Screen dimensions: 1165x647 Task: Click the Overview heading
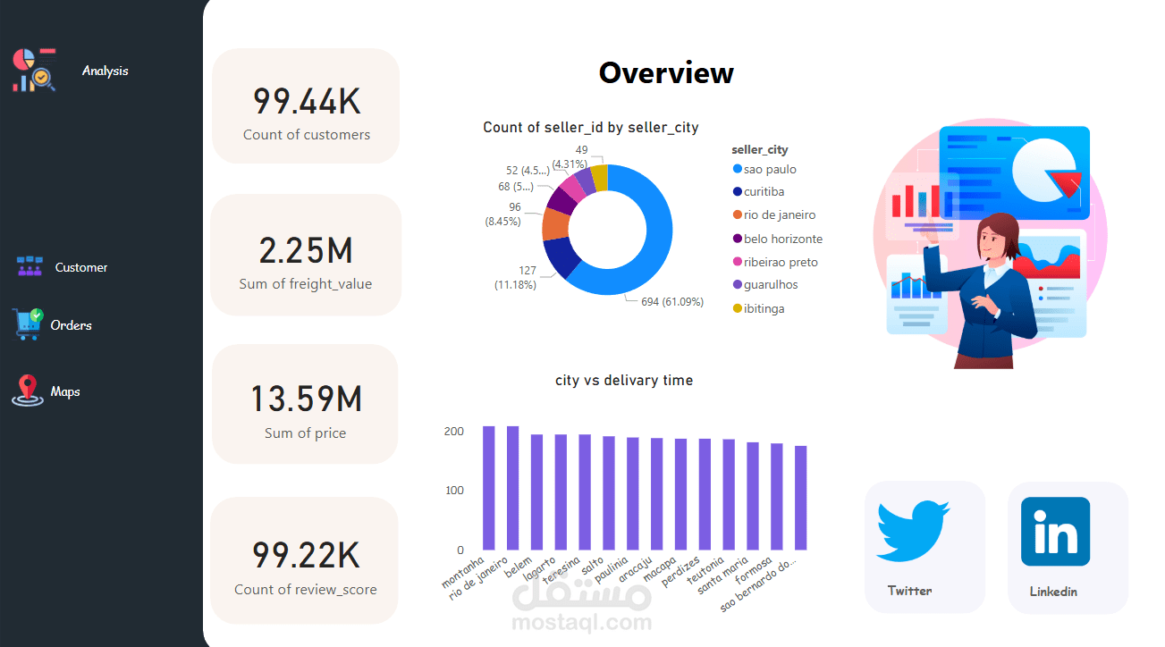click(666, 72)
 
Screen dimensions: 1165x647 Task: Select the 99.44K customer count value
click(307, 101)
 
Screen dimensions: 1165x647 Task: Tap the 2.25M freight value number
click(306, 251)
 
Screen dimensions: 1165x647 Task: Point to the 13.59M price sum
click(306, 399)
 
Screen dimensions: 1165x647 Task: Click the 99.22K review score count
click(306, 556)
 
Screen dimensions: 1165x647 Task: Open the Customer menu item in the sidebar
click(81, 267)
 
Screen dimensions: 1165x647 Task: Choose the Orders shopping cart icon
click(28, 324)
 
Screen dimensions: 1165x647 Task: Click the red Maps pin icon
click(28, 391)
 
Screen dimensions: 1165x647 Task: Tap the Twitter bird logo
click(913, 531)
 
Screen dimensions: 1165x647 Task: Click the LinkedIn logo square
click(1055, 531)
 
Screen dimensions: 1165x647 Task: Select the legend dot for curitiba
click(737, 192)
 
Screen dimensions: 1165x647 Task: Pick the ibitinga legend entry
click(759, 308)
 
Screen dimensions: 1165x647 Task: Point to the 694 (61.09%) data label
click(672, 302)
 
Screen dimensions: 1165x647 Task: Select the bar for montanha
click(489, 488)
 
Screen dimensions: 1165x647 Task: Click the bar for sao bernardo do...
click(801, 498)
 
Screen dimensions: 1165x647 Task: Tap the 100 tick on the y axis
click(454, 491)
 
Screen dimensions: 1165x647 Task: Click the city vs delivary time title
click(623, 381)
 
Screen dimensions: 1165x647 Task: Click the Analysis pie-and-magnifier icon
click(34, 71)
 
